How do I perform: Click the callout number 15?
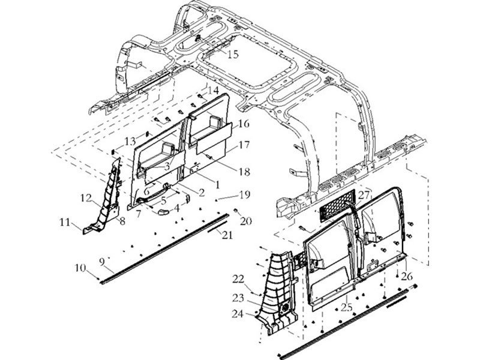coord(233,55)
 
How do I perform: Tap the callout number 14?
coord(214,91)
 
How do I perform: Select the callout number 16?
coord(244,124)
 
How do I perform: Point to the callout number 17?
coord(244,145)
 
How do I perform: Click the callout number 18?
coord(244,172)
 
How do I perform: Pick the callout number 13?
coord(130,142)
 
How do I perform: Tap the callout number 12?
coord(86,198)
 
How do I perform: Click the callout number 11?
coord(65,222)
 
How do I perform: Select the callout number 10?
coord(80,268)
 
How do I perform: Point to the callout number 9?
coord(102,262)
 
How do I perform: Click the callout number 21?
coord(227,235)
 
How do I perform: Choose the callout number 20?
coord(245,220)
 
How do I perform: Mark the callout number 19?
coord(245,194)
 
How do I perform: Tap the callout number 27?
coord(364,195)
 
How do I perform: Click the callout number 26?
coord(407,277)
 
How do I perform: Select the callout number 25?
coord(347,307)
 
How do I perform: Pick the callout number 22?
coord(238,279)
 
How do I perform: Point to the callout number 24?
coord(238,314)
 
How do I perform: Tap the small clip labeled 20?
coord(236,211)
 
